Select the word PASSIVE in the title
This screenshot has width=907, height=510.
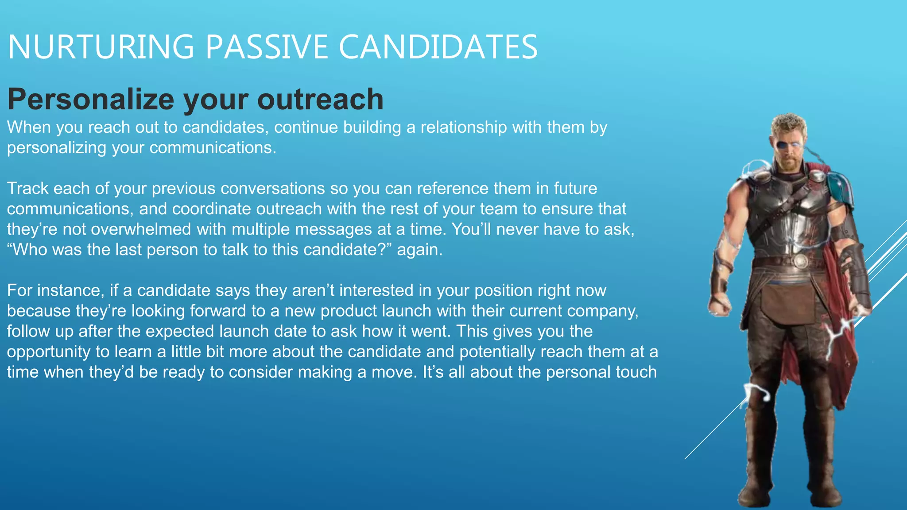pyautogui.click(x=266, y=47)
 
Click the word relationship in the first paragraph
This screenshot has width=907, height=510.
pyautogui.click(x=463, y=127)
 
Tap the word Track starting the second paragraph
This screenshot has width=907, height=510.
pyautogui.click(x=27, y=189)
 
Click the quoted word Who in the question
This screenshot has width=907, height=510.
pyautogui.click(x=29, y=250)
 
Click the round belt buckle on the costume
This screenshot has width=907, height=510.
pyautogui.click(x=800, y=261)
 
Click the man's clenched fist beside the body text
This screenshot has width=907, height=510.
pyautogui.click(x=719, y=305)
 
